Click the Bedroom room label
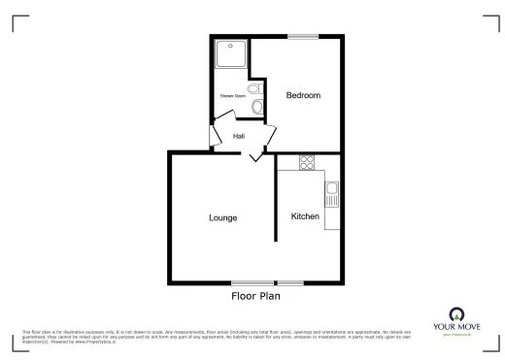point(303,95)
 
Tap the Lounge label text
point(222,217)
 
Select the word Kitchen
point(306,216)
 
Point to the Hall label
point(238,136)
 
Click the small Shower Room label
point(231,96)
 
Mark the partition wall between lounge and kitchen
point(275,217)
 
